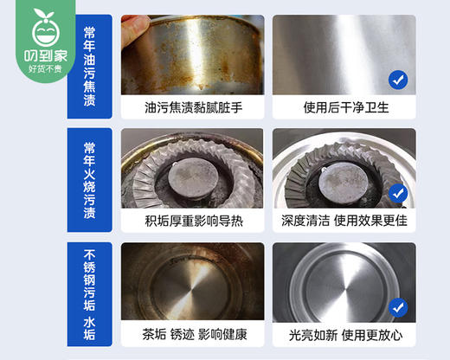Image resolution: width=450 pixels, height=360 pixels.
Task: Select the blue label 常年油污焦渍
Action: pyautogui.click(x=89, y=65)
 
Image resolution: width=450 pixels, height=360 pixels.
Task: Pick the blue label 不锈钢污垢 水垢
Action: pyautogui.click(x=89, y=292)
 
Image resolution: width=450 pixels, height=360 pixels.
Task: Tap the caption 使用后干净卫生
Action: pyautogui.click(x=344, y=107)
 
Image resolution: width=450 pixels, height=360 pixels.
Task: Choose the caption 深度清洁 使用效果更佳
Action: pyautogui.click(x=344, y=222)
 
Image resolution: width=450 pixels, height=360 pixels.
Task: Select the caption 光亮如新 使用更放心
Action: pyautogui.click(x=344, y=334)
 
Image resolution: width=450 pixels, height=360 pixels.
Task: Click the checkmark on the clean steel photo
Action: pyautogui.click(x=397, y=80)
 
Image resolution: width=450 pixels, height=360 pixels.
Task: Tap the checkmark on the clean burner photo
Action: pyautogui.click(x=397, y=192)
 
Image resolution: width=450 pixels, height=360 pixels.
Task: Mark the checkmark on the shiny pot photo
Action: pyautogui.click(x=397, y=306)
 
